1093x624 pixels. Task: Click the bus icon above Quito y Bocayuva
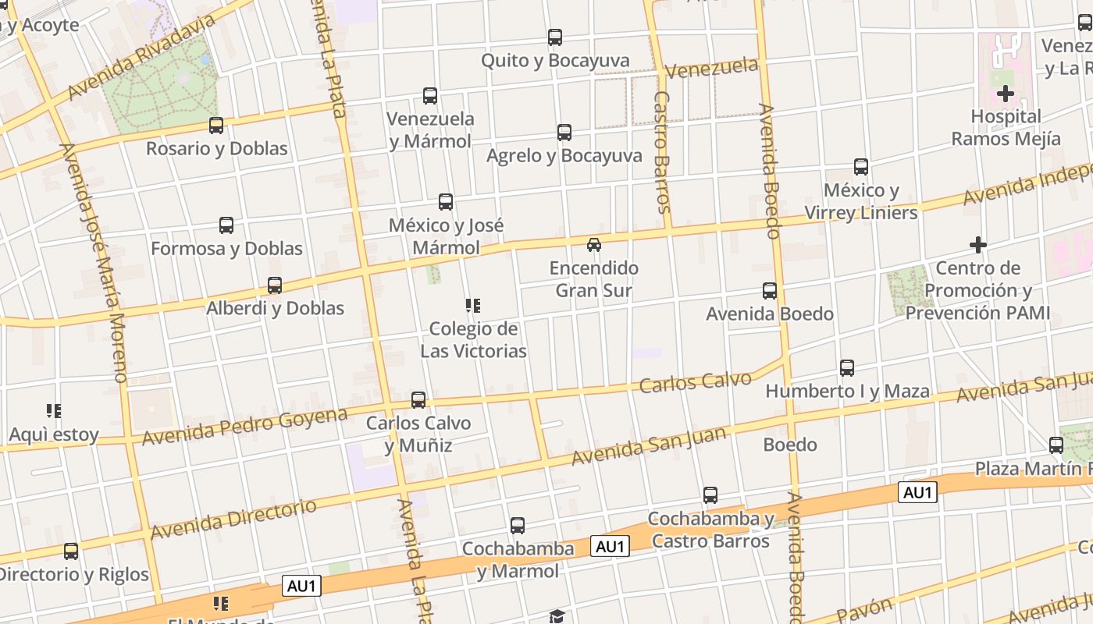[555, 37]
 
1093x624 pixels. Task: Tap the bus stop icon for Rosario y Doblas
[216, 125]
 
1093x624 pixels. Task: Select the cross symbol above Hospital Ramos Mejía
[1006, 94]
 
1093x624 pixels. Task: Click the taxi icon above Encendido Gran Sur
[594, 244]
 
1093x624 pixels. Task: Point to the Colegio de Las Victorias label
[473, 340]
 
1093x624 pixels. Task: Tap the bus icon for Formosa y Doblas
[226, 225]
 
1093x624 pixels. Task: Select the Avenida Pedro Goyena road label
[244, 426]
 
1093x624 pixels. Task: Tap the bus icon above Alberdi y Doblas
[275, 285]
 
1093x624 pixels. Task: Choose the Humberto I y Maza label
[847, 391]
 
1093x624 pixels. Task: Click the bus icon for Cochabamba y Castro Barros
[710, 495]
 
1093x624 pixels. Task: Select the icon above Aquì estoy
[54, 411]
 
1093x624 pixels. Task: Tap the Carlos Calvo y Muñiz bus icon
[418, 400]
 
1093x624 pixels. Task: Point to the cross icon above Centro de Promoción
[978, 245]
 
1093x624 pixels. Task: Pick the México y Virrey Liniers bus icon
[861, 167]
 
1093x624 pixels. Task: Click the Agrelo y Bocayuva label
[564, 156]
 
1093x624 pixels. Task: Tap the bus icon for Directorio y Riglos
[71, 551]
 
